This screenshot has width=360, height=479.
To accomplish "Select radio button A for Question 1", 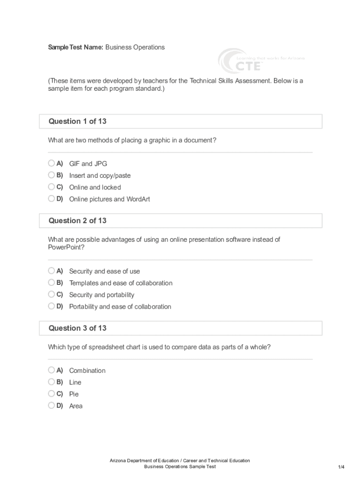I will click(x=51, y=163).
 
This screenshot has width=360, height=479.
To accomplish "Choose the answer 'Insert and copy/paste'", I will click(x=100, y=175).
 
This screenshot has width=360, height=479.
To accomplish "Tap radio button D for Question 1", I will click(x=51, y=198).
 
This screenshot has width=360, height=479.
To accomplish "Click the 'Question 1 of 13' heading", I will click(x=78, y=122).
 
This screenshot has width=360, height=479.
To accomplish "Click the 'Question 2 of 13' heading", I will click(x=78, y=221).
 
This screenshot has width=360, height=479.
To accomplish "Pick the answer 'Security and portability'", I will click(x=101, y=295).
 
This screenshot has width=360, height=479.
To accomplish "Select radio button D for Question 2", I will click(x=51, y=306).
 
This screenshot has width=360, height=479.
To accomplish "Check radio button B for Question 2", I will click(x=51, y=283).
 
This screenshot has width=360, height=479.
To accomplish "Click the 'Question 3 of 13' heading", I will click(x=78, y=328).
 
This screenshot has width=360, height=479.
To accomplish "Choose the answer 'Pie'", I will click(x=74, y=394).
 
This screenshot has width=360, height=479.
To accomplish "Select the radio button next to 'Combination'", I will click(x=51, y=370).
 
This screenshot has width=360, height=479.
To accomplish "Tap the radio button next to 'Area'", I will click(x=51, y=406).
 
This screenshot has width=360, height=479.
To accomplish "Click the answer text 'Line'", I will click(x=75, y=382).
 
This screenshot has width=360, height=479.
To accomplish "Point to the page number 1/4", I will click(x=341, y=467).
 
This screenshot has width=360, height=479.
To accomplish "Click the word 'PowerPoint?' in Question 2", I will click(x=66, y=248).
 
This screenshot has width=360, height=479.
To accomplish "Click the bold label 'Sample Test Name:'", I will click(x=76, y=47).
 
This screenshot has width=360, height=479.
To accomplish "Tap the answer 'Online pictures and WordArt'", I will click(x=109, y=199).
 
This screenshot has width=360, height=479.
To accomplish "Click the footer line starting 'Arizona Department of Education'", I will click(x=180, y=461).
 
